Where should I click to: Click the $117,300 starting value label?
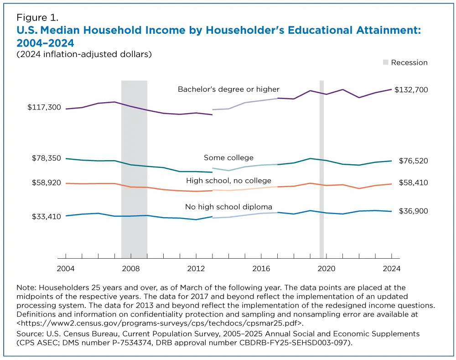coord(44,107)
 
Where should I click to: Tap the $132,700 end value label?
coord(411,90)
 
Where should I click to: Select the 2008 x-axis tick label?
coord(131,269)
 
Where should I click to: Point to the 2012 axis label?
coord(196,269)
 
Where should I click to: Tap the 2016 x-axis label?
coord(261,269)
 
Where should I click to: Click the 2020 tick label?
coord(326,269)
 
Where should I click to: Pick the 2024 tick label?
coord(391,269)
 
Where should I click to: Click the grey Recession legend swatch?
coord(385,63)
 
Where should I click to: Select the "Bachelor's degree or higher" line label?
coord(228,89)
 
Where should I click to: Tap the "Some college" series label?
coord(228,158)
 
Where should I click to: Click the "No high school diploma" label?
coord(228,207)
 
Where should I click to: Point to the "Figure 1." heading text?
coord(37,18)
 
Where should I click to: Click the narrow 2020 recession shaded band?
coord(321,169)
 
